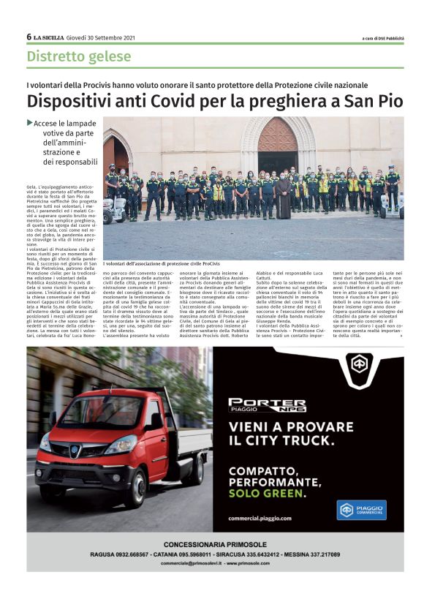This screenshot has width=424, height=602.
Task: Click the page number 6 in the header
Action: pos(29,37)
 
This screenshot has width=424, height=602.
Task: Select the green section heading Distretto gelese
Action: pos(79,56)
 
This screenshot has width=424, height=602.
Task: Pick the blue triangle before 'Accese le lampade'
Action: pos(30,123)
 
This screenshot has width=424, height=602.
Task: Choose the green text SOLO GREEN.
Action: pos(265,494)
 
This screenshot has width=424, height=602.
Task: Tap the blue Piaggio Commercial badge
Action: pos(362,510)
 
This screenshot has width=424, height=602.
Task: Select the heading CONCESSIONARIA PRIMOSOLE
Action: pos(215,544)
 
